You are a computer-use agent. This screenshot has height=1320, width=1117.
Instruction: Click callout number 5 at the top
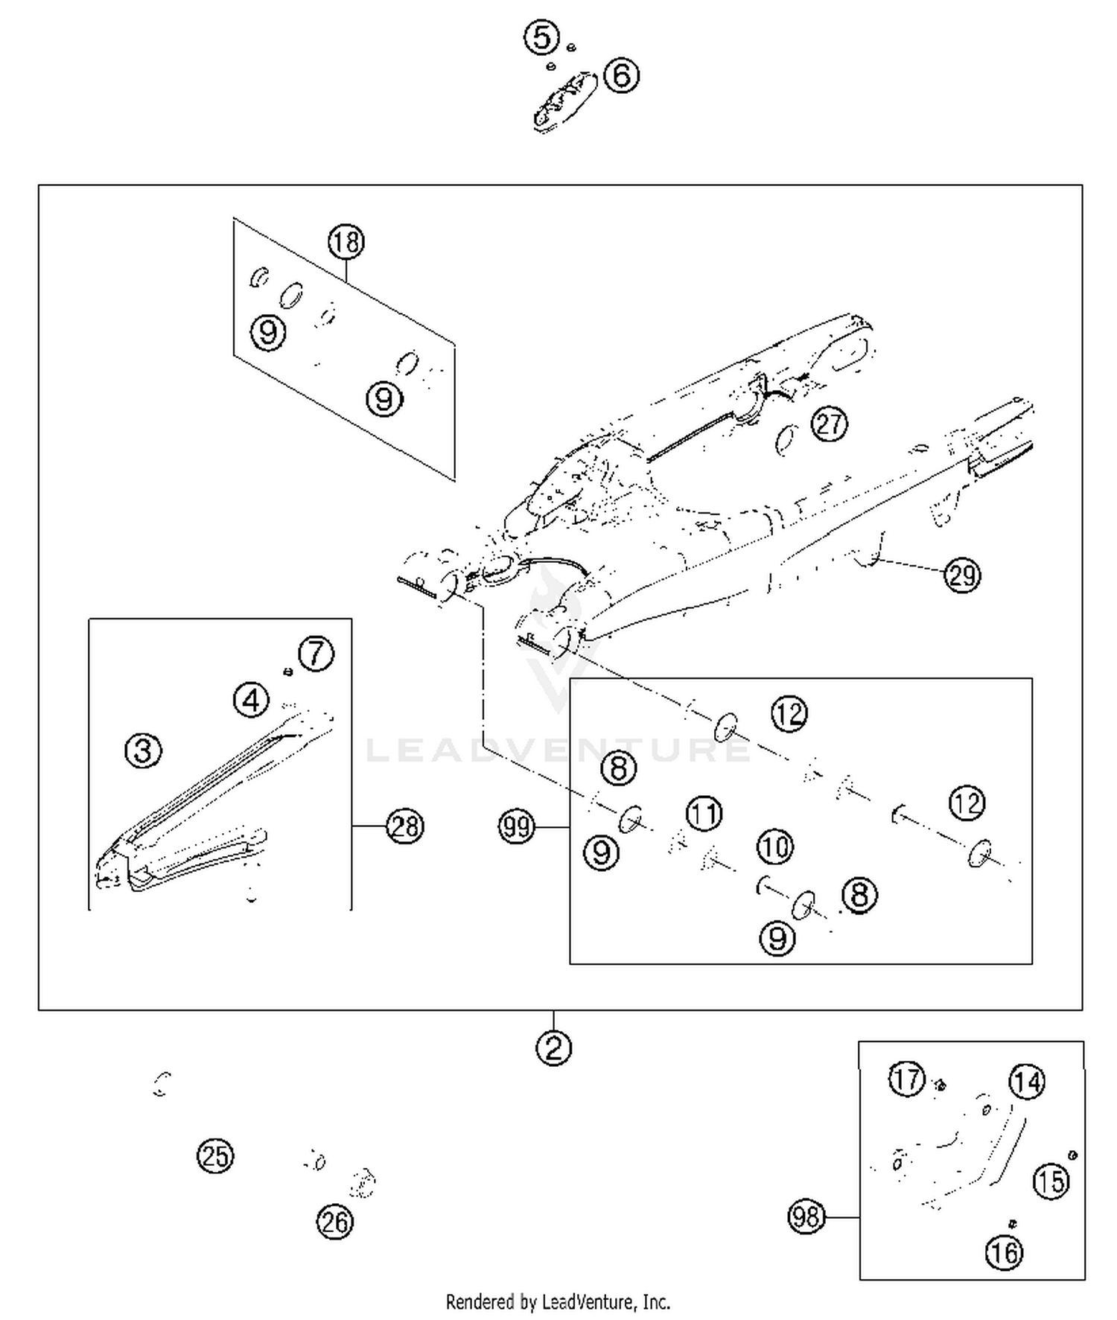pos(541,37)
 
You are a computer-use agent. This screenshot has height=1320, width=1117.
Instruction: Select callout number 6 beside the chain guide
pos(621,75)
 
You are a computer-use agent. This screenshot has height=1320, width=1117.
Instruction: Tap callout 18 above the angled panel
pos(346,242)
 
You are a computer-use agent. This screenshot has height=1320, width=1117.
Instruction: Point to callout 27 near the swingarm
pos(829,424)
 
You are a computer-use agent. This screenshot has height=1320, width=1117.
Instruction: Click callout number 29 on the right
pos(962,575)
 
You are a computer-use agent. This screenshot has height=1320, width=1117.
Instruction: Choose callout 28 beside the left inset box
pos(404,826)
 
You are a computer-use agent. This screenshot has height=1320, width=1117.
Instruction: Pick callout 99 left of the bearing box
pos(516,826)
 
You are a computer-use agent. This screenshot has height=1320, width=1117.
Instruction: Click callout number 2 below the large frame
pos(553,1048)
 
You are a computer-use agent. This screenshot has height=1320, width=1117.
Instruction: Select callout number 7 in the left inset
pos(316,654)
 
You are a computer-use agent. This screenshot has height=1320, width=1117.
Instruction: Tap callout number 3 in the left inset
pos(143,750)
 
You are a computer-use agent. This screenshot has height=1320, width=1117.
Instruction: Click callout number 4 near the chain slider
pos(251,701)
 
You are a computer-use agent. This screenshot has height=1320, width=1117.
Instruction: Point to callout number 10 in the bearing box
pos(775,846)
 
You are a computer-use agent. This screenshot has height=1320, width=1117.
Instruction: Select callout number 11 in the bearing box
pos(704,813)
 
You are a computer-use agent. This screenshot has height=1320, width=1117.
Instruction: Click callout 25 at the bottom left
pos(215,1156)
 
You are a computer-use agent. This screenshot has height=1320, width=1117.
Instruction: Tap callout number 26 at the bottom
pos(334,1222)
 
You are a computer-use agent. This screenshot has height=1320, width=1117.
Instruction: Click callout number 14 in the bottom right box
pos(1027,1082)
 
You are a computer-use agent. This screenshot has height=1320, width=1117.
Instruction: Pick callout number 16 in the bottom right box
pos(1004,1253)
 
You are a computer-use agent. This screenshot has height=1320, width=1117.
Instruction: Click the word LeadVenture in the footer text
pos(588,1302)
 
